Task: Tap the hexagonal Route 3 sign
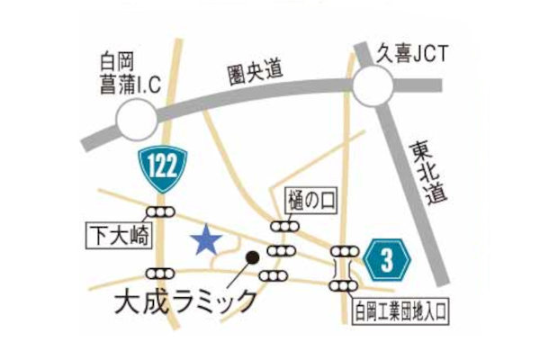coord(388,262)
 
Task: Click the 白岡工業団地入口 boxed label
coord(400,311)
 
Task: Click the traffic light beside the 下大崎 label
coord(162,212)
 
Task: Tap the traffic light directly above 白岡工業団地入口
coord(343,286)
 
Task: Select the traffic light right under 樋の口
coord(284,227)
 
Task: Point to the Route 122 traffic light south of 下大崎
coord(163,273)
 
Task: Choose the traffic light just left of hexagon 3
coord(344,252)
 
